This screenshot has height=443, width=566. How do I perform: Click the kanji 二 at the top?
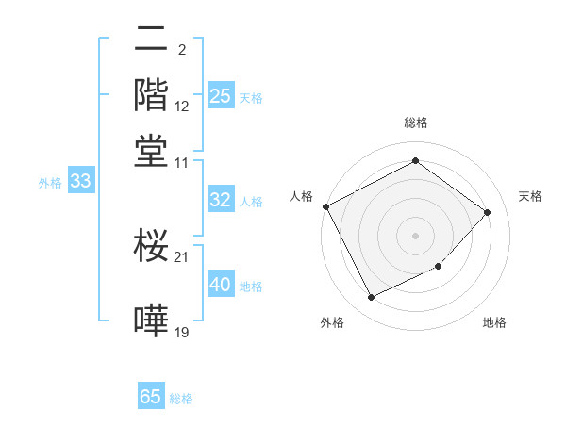[151, 41]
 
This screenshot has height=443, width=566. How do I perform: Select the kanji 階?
[151, 95]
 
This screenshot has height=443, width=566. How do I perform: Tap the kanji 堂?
[151, 151]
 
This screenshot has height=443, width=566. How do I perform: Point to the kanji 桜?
[151, 247]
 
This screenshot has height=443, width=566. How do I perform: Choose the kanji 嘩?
[151, 320]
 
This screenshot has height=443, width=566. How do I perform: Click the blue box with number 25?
[221, 96]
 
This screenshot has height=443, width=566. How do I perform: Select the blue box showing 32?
[221, 200]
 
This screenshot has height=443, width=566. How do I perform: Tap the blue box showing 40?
[221, 286]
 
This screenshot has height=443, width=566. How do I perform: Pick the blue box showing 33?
[80, 182]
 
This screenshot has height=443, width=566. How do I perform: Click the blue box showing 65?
[151, 397]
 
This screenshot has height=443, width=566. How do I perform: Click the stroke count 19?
[182, 332]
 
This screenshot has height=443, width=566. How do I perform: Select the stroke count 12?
[182, 107]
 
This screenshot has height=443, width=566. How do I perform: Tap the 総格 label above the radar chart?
[415, 123]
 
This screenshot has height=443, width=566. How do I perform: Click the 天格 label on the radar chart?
[530, 196]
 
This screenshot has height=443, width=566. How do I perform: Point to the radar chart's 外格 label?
[332, 322]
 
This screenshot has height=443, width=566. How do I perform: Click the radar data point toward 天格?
[487, 212]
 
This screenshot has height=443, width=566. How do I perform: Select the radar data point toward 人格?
[325, 206]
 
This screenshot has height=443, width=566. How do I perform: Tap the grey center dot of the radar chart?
[415, 235]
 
